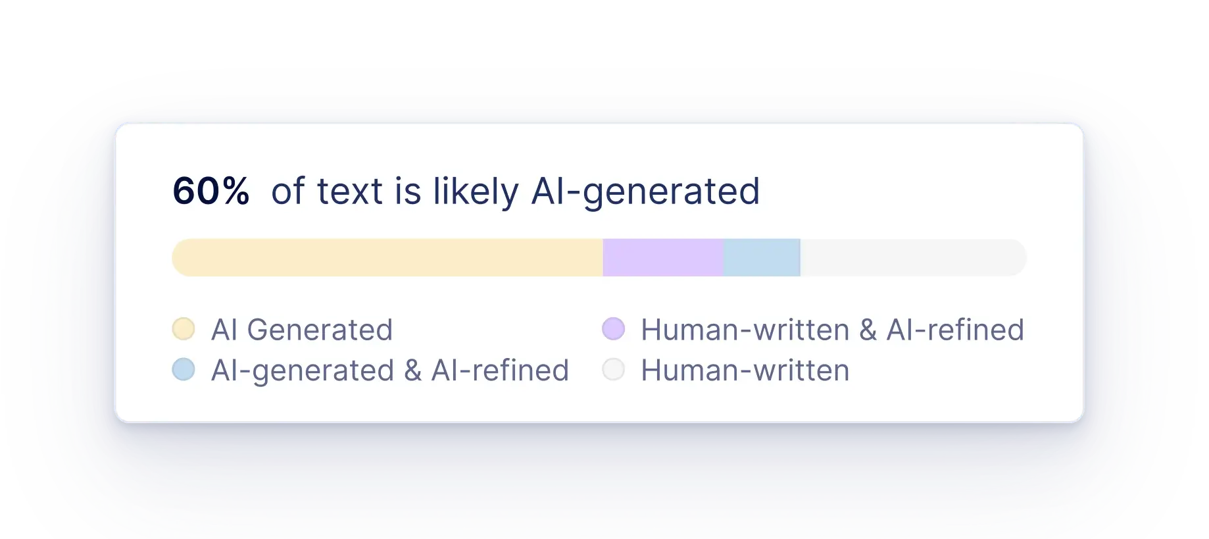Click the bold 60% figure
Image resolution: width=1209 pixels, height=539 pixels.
pos(210,192)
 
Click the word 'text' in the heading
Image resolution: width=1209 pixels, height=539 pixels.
pos(350,192)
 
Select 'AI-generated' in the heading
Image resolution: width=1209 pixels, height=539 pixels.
pos(645,193)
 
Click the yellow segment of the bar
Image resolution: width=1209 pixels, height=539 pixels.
pos(387,257)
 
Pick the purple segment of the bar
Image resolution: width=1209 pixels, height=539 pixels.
pos(663,257)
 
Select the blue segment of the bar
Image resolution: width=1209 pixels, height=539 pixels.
pos(762,257)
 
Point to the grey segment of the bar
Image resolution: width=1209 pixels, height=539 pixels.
pos(914,257)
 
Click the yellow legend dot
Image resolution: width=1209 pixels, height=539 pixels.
pos(184,328)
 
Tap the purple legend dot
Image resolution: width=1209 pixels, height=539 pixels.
pos(614,328)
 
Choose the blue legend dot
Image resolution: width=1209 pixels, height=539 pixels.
pos(184,369)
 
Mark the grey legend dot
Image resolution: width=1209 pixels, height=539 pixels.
pos(614,369)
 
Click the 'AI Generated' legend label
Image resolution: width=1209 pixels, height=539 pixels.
pos(302,330)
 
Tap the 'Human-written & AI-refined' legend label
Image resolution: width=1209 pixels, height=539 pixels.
pos(833,330)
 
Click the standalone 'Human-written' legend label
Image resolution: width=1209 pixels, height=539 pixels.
pos(745,371)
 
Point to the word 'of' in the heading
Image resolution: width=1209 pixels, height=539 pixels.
pos(288,192)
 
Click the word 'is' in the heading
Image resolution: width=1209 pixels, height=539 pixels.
pos(408,192)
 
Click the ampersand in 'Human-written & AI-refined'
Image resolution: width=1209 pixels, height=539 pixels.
pos(868,330)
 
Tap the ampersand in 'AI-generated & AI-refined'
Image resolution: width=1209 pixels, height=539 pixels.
pos(413,371)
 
